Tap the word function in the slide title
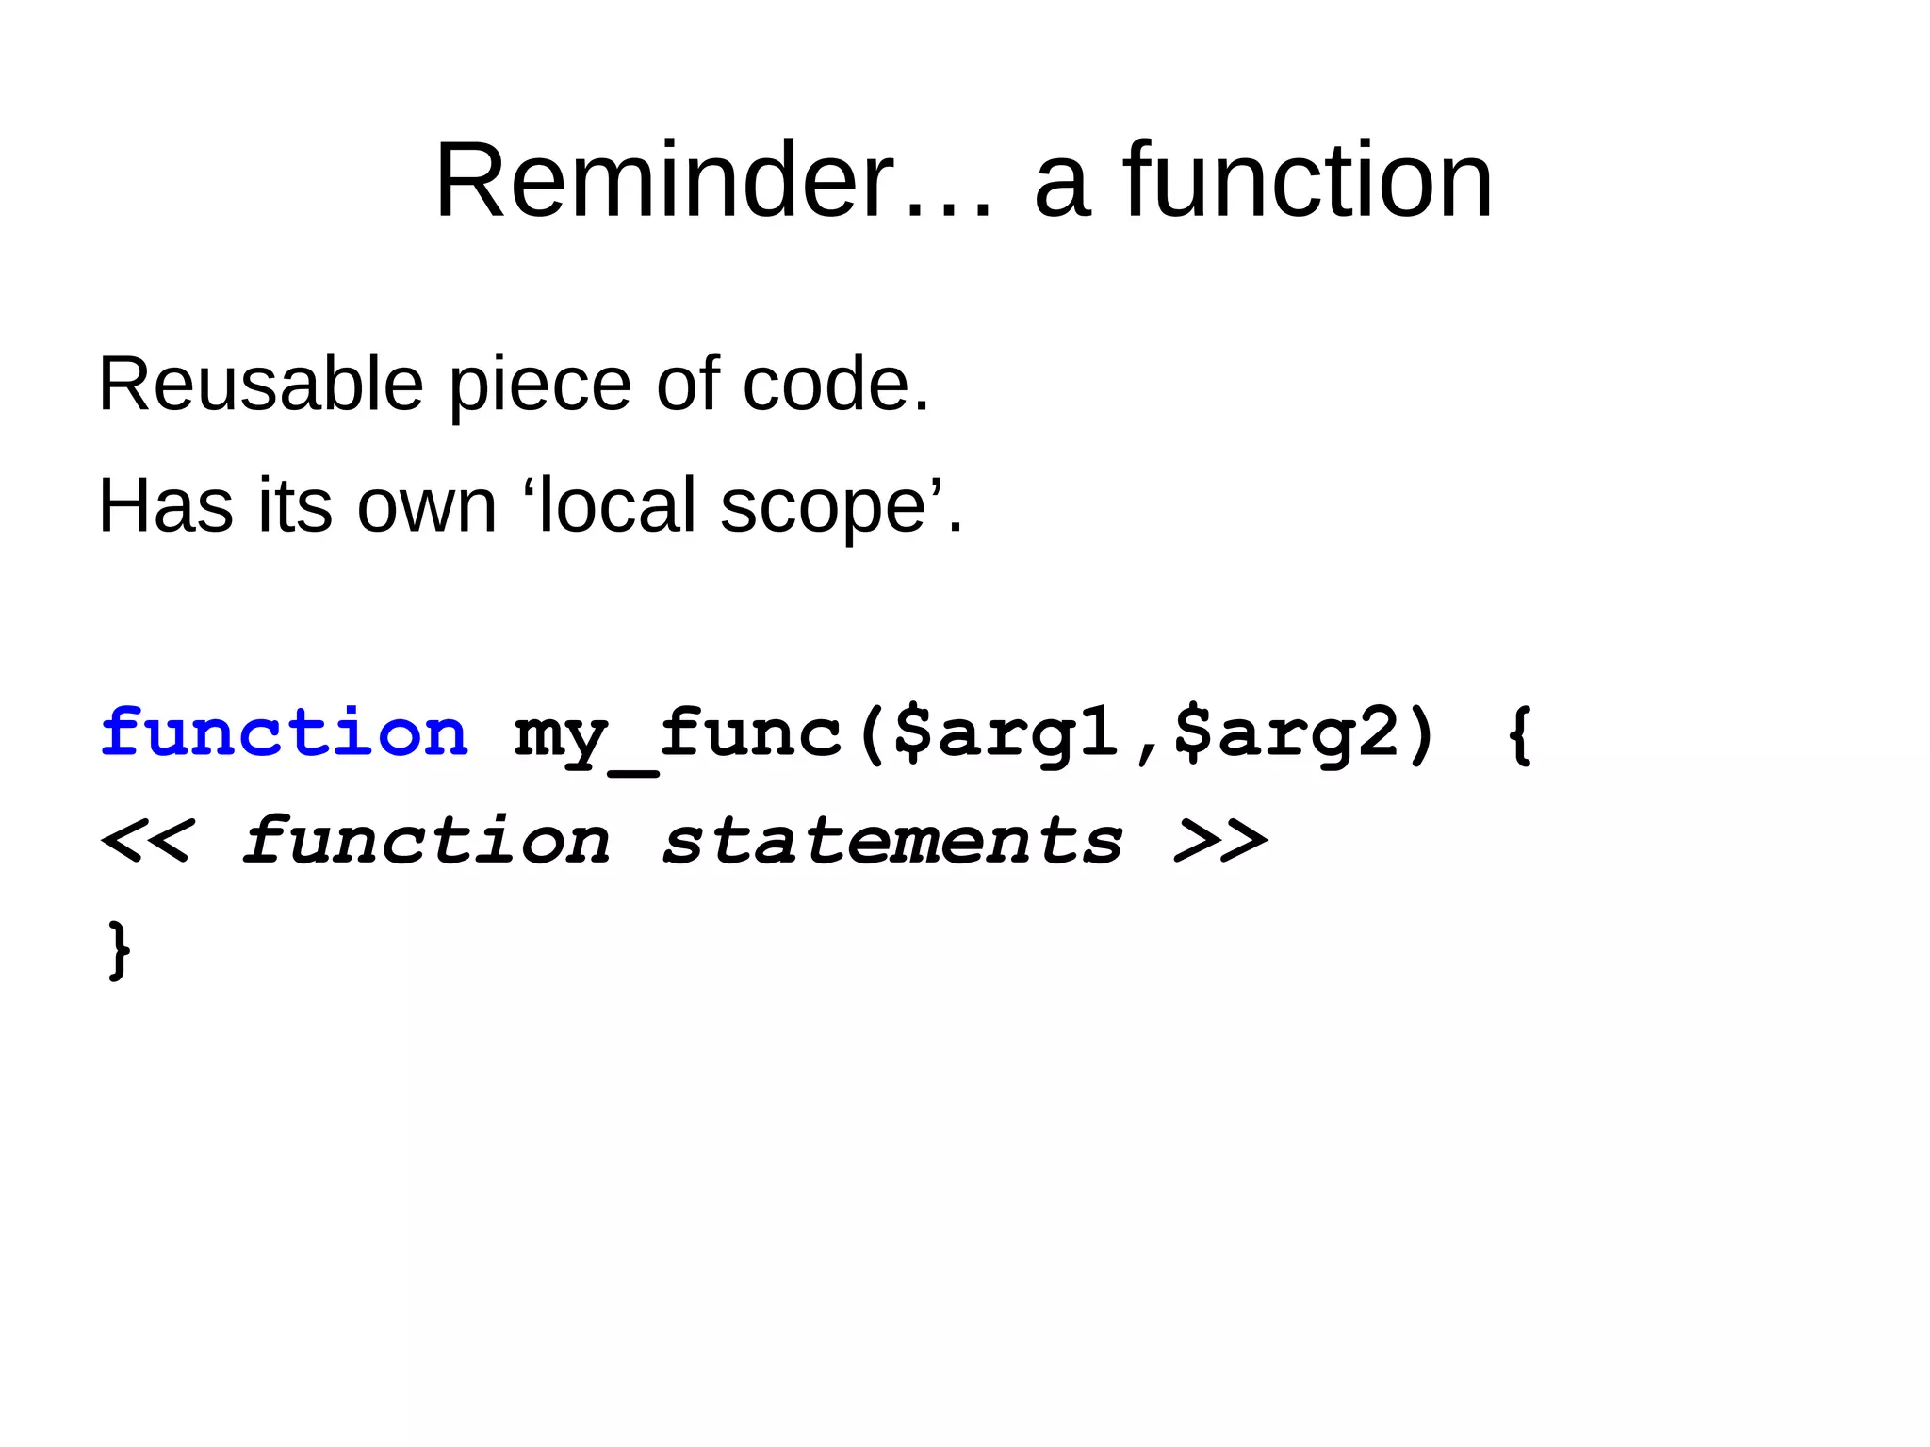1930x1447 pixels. click(1308, 181)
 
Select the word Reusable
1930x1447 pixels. click(261, 385)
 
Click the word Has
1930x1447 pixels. click(166, 506)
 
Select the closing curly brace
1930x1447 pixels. click(119, 950)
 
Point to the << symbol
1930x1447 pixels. click(146, 842)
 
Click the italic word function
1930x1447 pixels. click(427, 842)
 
